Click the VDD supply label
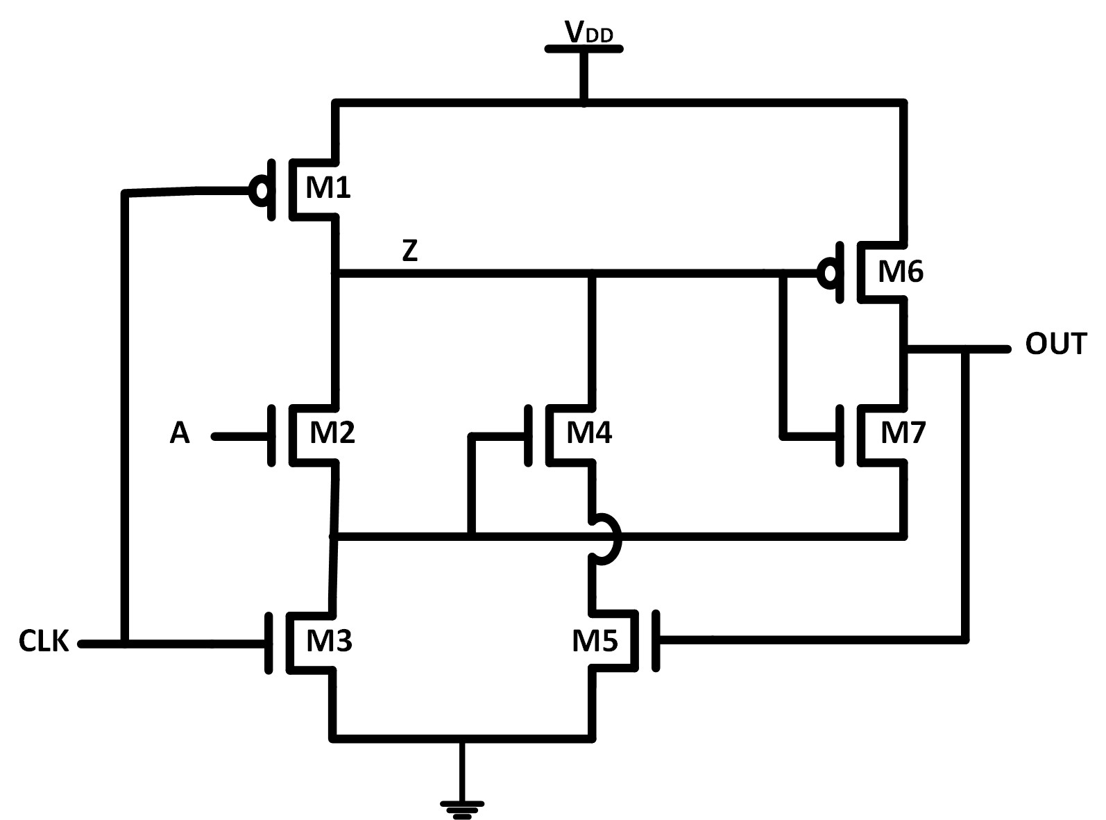(588, 32)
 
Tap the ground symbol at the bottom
(461, 808)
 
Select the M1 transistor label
(328, 187)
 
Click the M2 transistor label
(332, 433)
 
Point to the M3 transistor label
(329, 641)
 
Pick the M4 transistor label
(589, 433)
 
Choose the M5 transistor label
(595, 641)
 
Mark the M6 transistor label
(900, 271)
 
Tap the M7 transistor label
(903, 433)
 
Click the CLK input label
(44, 642)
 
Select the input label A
(179, 434)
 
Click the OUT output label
(1055, 344)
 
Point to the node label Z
(410, 251)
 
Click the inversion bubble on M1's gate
(260, 190)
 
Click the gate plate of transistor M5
(656, 641)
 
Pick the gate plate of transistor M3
(269, 642)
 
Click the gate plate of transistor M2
(271, 435)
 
